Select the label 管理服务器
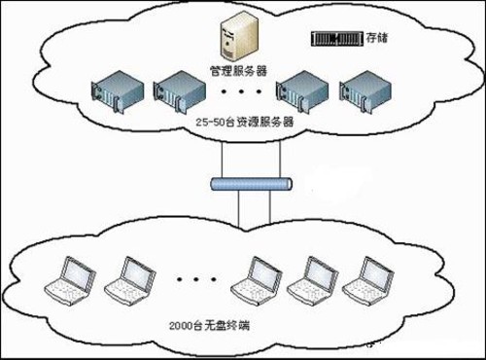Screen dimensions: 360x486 click(239, 71)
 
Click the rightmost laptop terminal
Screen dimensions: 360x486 click(369, 279)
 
